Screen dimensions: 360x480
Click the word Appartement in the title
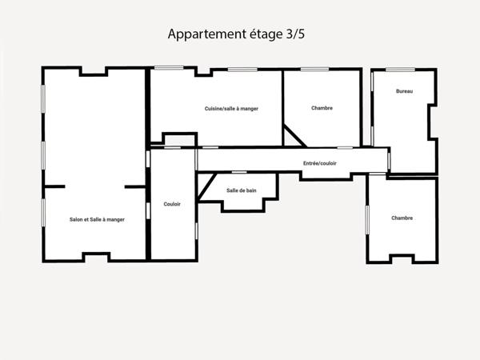pos(207,34)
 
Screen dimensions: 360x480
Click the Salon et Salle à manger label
pos(97,219)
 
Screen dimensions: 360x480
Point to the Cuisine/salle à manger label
pos(231,109)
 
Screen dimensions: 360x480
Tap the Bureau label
pos(404,92)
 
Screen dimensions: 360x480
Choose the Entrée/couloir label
pos(320,163)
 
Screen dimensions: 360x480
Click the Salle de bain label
pos(241,190)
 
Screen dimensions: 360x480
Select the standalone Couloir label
pos(172,204)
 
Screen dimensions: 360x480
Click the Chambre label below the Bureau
pos(402,218)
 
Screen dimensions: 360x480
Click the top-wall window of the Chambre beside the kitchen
pos(314,70)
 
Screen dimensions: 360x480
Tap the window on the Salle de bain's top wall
pos(238,171)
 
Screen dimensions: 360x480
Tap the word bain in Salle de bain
pos(251,190)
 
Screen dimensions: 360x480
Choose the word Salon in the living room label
pos(77,219)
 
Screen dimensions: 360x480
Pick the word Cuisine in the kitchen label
pos(214,109)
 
